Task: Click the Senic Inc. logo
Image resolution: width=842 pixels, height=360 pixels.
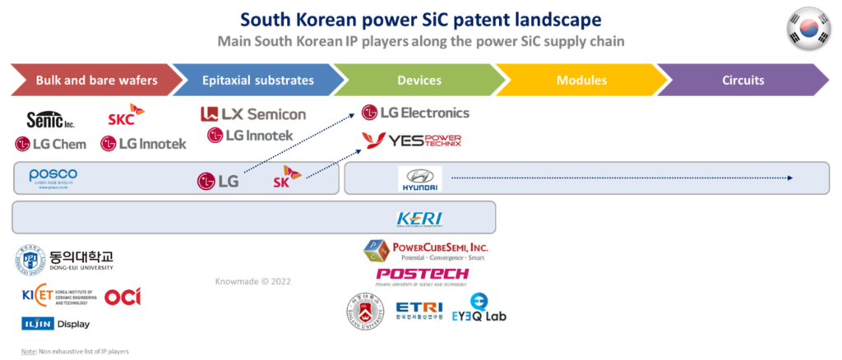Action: [50, 119]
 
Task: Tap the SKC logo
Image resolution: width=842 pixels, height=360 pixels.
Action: [124, 116]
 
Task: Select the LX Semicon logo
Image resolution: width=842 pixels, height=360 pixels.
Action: [253, 114]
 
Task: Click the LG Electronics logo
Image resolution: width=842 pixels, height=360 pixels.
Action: [415, 112]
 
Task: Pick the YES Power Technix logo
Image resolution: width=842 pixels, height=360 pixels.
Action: [412, 141]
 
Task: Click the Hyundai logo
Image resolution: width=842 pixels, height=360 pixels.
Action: [419, 179]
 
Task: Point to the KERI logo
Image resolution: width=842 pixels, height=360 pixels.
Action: [419, 219]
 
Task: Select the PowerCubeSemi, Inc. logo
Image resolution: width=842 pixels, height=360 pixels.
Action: [427, 251]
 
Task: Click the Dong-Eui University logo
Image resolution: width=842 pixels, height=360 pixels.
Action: [65, 261]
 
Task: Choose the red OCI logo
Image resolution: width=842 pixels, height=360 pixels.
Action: [123, 296]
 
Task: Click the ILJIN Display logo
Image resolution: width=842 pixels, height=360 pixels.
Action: [55, 324]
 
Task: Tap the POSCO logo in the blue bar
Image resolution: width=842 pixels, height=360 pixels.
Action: [53, 178]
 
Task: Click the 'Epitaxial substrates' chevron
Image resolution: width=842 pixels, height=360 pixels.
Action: [257, 81]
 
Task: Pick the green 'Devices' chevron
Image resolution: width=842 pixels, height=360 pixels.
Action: [419, 81]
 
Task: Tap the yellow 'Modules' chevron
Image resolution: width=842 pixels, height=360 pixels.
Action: [581, 81]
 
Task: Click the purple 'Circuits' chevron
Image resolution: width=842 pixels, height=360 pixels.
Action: [743, 81]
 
